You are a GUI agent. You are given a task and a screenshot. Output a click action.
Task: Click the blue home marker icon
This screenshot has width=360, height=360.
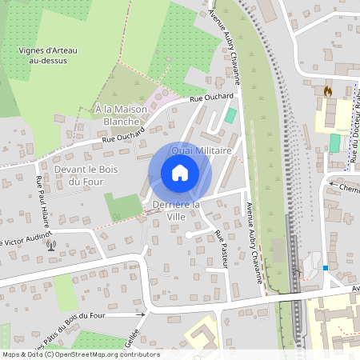tap(180, 172)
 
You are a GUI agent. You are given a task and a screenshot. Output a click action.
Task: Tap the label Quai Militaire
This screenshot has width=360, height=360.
tap(202, 150)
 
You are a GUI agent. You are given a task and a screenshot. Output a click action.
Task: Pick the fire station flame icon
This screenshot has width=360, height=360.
tap(327, 92)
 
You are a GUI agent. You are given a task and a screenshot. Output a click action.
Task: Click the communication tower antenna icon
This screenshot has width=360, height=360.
tap(52, 245)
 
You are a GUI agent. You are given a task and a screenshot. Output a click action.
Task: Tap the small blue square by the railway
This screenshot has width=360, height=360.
tap(326, 266)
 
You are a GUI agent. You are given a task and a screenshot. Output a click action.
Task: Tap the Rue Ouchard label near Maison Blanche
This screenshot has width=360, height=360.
tap(118, 138)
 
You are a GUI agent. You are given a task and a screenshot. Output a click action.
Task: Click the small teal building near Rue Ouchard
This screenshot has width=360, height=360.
tap(230, 115)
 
